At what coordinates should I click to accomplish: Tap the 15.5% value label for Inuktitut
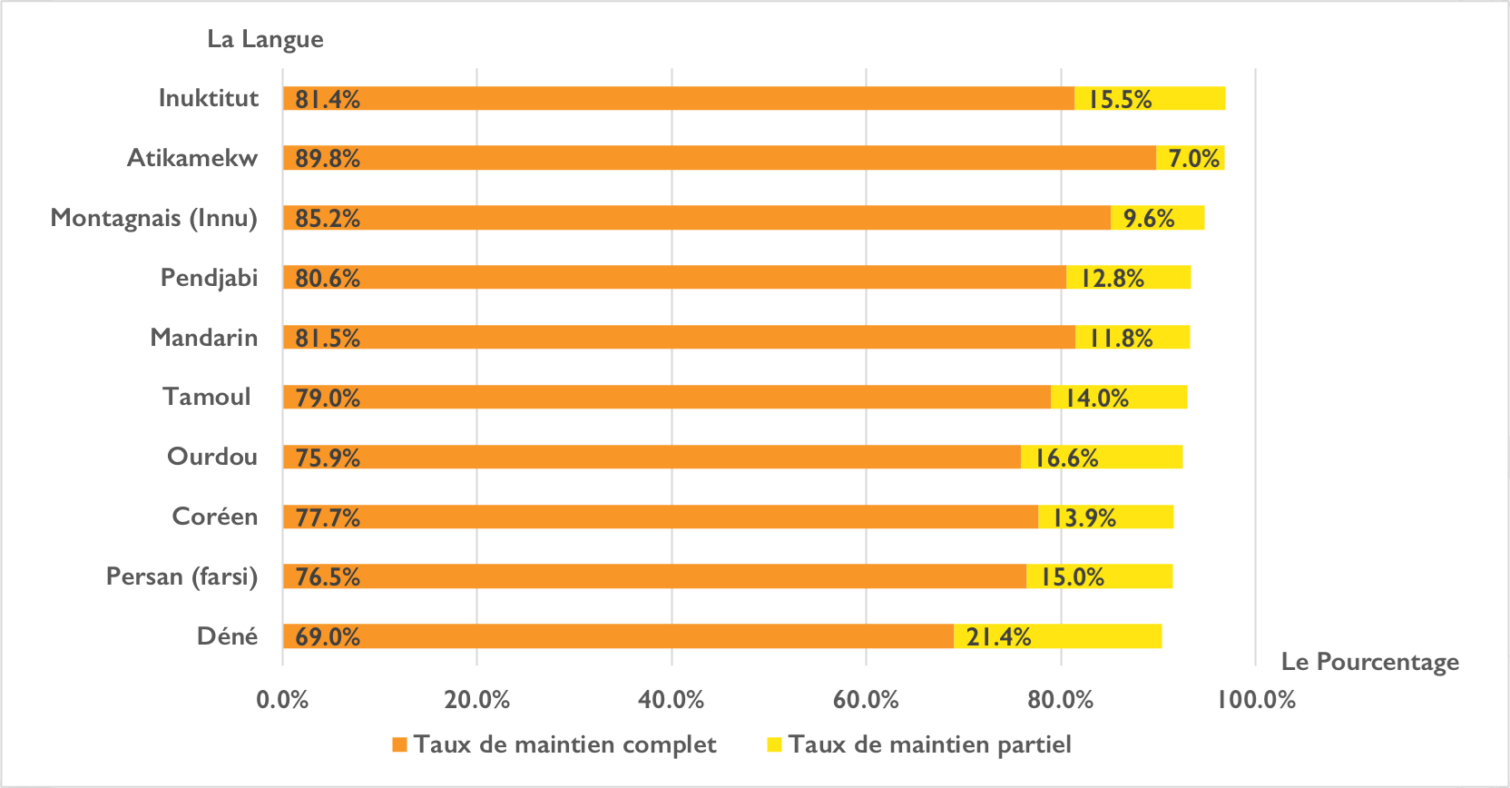click(x=1120, y=99)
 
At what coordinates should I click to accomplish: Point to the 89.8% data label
click(x=328, y=159)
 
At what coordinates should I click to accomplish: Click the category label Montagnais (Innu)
click(x=154, y=218)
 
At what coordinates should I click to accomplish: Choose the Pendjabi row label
click(x=209, y=278)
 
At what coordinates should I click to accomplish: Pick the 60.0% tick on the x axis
click(x=866, y=700)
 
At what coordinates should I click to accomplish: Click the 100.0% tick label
click(x=1256, y=700)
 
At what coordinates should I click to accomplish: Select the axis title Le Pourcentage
click(x=1369, y=662)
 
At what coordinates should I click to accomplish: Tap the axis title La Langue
click(x=265, y=39)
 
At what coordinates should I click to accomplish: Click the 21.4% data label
click(x=998, y=637)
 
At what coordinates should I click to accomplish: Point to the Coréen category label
click(x=215, y=517)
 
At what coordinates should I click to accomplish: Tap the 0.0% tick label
click(x=282, y=700)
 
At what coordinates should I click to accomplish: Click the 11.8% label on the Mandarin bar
click(x=1121, y=338)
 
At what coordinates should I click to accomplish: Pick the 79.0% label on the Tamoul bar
click(x=328, y=398)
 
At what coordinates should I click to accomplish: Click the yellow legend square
click(x=774, y=745)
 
